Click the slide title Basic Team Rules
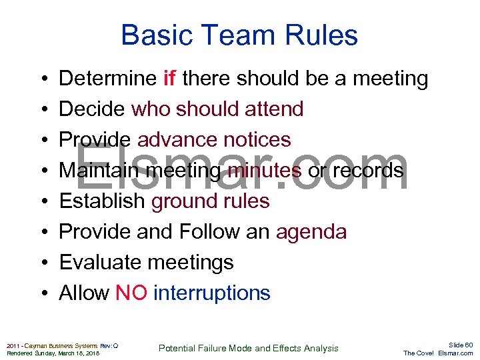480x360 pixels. coord(239,35)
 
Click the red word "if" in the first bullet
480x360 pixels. coord(169,79)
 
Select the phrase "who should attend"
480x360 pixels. coord(217,109)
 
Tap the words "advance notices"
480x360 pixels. coord(214,140)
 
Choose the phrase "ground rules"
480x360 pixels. coord(210,201)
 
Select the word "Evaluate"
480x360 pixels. coord(100,263)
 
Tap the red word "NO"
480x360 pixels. coord(131,293)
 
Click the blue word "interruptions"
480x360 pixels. coord(211,293)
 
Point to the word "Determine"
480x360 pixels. coord(108,79)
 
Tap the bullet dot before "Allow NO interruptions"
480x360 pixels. coord(43,293)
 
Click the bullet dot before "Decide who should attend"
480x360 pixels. coord(43,109)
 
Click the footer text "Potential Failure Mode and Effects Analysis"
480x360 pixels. coord(248,348)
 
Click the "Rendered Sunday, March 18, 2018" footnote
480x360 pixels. coord(53,353)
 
